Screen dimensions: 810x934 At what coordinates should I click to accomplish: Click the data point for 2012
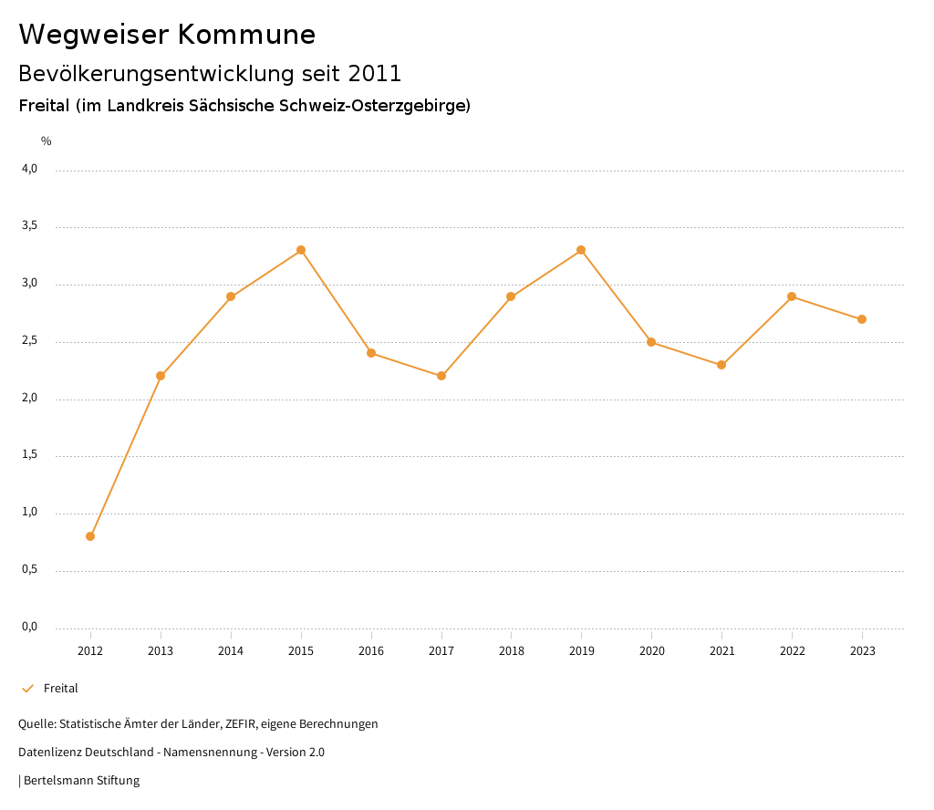pyautogui.click(x=90, y=536)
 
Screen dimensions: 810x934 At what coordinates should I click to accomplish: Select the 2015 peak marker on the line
pyautogui.click(x=301, y=250)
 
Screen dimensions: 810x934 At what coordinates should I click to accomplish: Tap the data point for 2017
pyautogui.click(x=441, y=376)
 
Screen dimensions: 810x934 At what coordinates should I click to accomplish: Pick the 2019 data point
pyautogui.click(x=581, y=250)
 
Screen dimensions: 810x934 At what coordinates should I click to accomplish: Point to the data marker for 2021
pyautogui.click(x=721, y=365)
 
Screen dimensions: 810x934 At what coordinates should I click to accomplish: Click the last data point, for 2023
pyautogui.click(x=862, y=319)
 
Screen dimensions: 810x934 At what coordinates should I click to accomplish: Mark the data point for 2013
pyautogui.click(x=161, y=376)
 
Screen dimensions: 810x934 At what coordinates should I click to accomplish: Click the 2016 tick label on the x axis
pyautogui.click(x=371, y=651)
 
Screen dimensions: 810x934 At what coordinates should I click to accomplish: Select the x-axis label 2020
pyautogui.click(x=651, y=651)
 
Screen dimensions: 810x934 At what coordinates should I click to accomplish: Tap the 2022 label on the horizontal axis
pyautogui.click(x=792, y=651)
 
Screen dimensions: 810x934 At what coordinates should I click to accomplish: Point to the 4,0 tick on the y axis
pyautogui.click(x=30, y=169)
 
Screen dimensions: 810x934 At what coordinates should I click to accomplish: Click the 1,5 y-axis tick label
pyautogui.click(x=30, y=455)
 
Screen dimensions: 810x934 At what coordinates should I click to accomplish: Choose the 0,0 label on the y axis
pyautogui.click(x=30, y=627)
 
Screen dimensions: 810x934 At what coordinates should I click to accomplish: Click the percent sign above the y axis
pyautogui.click(x=47, y=141)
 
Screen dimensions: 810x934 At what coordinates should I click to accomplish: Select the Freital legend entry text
pyautogui.click(x=61, y=689)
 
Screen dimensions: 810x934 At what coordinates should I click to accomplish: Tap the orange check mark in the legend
pyautogui.click(x=27, y=689)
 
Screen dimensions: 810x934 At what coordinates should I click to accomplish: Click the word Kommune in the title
pyautogui.click(x=246, y=35)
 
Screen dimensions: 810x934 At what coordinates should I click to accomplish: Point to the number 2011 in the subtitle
pyautogui.click(x=375, y=74)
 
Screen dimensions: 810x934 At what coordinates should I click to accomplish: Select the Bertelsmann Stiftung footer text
pyautogui.click(x=81, y=781)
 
